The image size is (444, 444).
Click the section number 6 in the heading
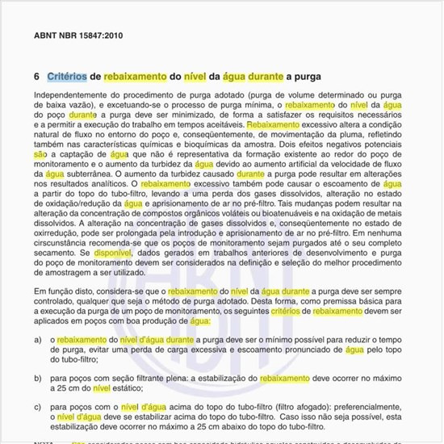coord(37,77)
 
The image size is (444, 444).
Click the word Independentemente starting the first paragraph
coord(73,95)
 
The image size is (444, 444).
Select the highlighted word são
coord(40,153)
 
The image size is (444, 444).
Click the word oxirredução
coord(58,232)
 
